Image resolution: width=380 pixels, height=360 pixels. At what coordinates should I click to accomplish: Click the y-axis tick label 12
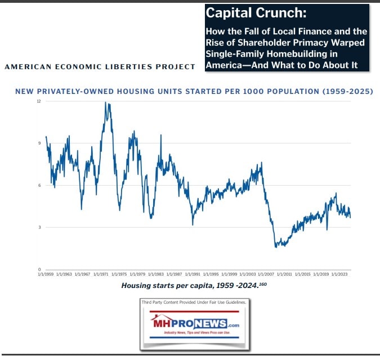coord(39,101)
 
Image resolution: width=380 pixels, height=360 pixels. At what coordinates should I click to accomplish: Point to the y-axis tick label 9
coord(39,143)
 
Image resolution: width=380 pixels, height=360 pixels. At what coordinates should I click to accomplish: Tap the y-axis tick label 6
coord(39,186)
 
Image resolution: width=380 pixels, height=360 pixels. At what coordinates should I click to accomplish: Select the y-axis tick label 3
coord(39,227)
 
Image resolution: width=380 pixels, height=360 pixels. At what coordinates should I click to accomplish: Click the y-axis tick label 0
coord(39,269)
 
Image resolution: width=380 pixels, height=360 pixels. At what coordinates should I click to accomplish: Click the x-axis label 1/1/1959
coord(46,274)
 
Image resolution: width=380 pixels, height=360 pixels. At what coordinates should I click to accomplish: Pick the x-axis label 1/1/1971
coord(102,274)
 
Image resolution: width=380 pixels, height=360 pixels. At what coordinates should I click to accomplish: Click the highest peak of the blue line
coord(106,102)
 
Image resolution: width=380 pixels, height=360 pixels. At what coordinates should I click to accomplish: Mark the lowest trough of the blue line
coord(276,247)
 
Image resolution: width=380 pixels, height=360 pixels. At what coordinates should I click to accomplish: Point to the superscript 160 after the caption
coord(262,284)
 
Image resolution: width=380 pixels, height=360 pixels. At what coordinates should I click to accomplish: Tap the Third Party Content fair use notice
coord(194,303)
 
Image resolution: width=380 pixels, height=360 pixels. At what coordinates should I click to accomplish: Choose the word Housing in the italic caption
coord(137,286)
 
